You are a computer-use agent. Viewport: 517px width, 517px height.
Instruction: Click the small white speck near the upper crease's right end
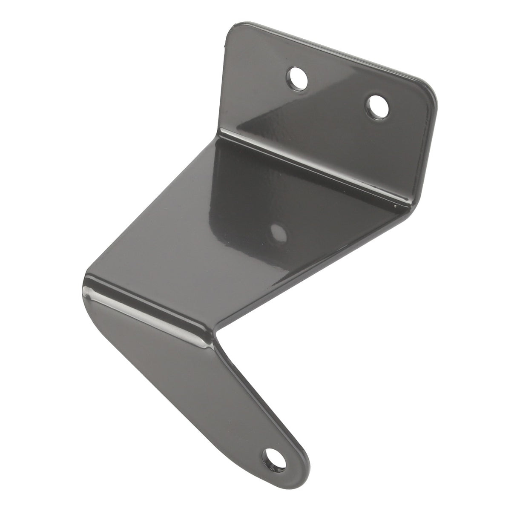click(396, 205)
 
